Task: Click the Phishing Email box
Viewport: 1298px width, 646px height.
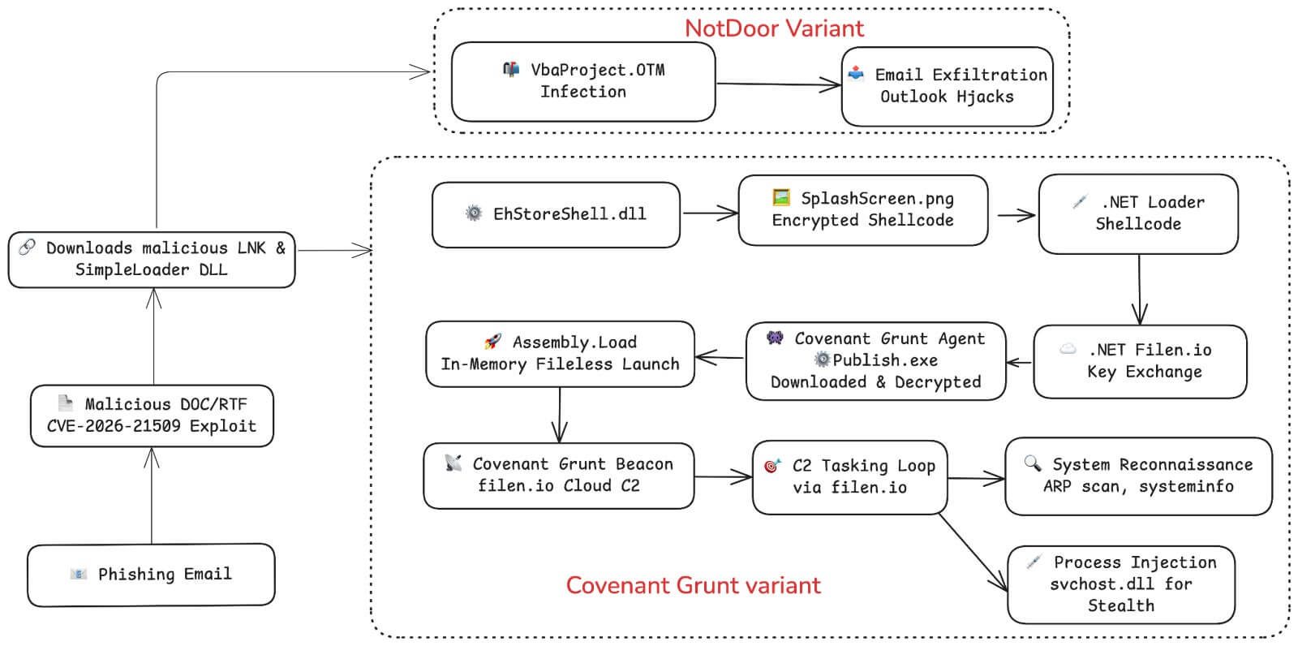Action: click(151, 575)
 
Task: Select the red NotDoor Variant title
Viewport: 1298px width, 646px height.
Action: click(774, 28)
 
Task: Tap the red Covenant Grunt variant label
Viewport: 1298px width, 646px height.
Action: click(693, 585)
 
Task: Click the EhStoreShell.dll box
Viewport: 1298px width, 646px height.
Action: click(556, 214)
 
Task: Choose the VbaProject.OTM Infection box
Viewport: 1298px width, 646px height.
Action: click(582, 81)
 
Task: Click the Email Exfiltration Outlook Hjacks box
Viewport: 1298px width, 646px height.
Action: click(947, 86)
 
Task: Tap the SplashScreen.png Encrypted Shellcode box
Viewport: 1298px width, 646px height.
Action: click(862, 209)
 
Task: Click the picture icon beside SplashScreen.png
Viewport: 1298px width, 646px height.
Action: click(781, 197)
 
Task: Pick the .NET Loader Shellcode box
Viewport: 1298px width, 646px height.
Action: click(1137, 213)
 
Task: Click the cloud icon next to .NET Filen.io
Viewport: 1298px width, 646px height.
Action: click(1068, 349)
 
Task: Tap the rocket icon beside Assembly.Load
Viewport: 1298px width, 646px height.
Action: click(492, 342)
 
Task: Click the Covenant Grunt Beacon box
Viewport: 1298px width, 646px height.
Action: click(558, 476)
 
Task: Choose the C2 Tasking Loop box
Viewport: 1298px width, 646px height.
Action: click(849, 476)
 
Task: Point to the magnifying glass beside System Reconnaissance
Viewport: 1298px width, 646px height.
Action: click(1032, 463)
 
